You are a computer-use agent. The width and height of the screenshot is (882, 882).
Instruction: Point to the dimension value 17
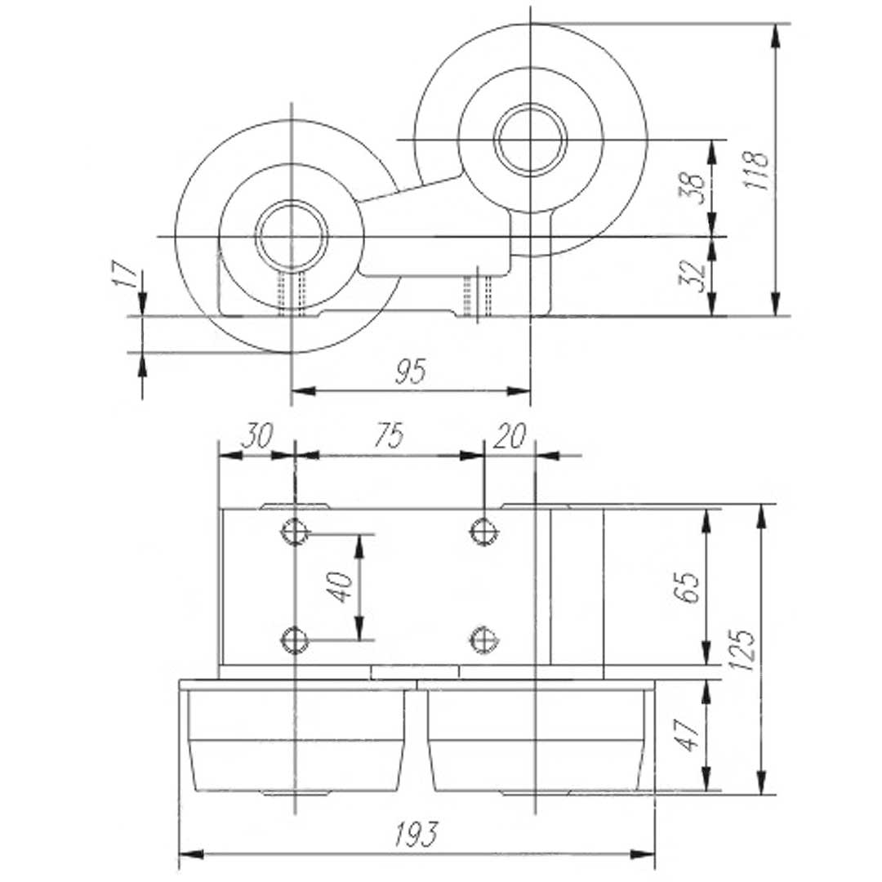coord(127,274)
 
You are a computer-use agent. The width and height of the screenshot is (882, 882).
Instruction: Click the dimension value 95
coord(411,372)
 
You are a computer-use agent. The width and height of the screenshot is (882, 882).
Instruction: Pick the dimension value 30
coord(257,435)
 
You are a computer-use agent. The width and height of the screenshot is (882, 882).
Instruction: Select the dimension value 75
coord(390,435)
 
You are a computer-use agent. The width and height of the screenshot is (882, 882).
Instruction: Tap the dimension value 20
coord(510,435)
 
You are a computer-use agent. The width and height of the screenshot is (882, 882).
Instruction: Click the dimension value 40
coord(341,586)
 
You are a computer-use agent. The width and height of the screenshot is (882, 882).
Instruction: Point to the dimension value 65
coord(688,586)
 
